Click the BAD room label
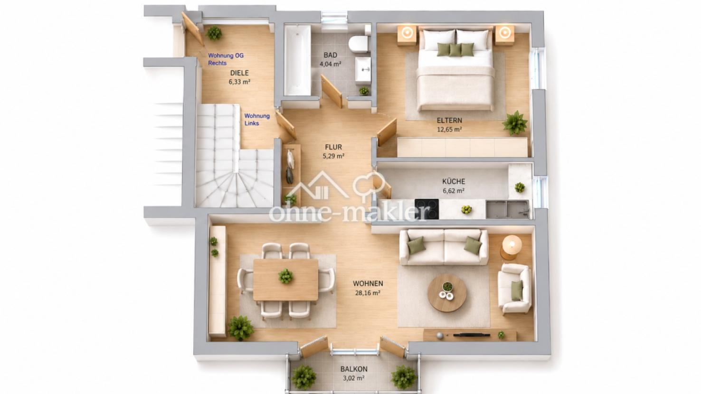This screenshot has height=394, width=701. (331, 56)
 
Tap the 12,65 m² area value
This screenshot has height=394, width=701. (449, 130)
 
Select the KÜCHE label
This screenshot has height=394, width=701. (454, 181)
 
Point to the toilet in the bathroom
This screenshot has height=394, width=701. (359, 44)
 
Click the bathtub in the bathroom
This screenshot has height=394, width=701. (298, 60)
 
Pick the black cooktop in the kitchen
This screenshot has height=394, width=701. (426, 209)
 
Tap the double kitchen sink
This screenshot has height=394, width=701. (507, 209)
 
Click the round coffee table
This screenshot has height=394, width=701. (447, 293)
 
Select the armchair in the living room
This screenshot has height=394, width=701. (515, 289)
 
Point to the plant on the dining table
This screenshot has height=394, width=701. (285, 276)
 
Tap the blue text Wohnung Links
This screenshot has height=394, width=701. (257, 120)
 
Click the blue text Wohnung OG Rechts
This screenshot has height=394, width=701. (226, 59)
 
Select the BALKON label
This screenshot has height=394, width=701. (354, 369)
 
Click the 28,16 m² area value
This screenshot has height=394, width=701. (368, 293)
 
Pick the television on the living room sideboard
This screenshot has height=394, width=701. (472, 335)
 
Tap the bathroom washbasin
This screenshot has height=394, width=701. (363, 70)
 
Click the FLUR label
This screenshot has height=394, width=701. (333, 147)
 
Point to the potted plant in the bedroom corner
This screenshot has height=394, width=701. (514, 123)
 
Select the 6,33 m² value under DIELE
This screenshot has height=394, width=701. (239, 82)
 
